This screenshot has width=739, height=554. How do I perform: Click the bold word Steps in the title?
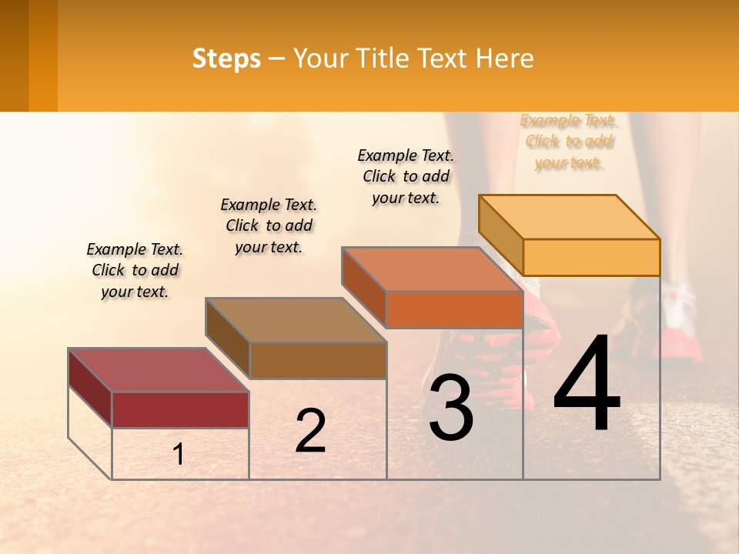(226, 58)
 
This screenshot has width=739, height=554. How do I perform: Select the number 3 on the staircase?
(451, 409)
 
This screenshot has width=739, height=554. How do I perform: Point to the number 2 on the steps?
(311, 431)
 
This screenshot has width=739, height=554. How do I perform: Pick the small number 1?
(178, 455)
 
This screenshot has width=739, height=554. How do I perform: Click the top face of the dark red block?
(159, 369)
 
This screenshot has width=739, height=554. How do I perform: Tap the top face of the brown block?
(296, 319)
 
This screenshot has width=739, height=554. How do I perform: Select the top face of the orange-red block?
(432, 269)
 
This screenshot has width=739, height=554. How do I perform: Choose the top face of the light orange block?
(569, 216)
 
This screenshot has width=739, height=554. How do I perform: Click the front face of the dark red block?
(180, 409)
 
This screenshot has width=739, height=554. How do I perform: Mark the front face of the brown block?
(318, 360)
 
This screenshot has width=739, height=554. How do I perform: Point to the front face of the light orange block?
(591, 257)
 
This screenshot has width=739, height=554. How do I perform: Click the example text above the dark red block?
(135, 270)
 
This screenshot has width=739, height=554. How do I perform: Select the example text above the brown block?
(269, 225)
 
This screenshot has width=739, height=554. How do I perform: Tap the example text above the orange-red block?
(406, 176)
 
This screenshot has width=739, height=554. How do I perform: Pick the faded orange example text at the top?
(569, 142)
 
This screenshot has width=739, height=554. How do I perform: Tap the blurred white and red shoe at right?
(677, 323)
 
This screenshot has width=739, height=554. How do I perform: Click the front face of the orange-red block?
(454, 309)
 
